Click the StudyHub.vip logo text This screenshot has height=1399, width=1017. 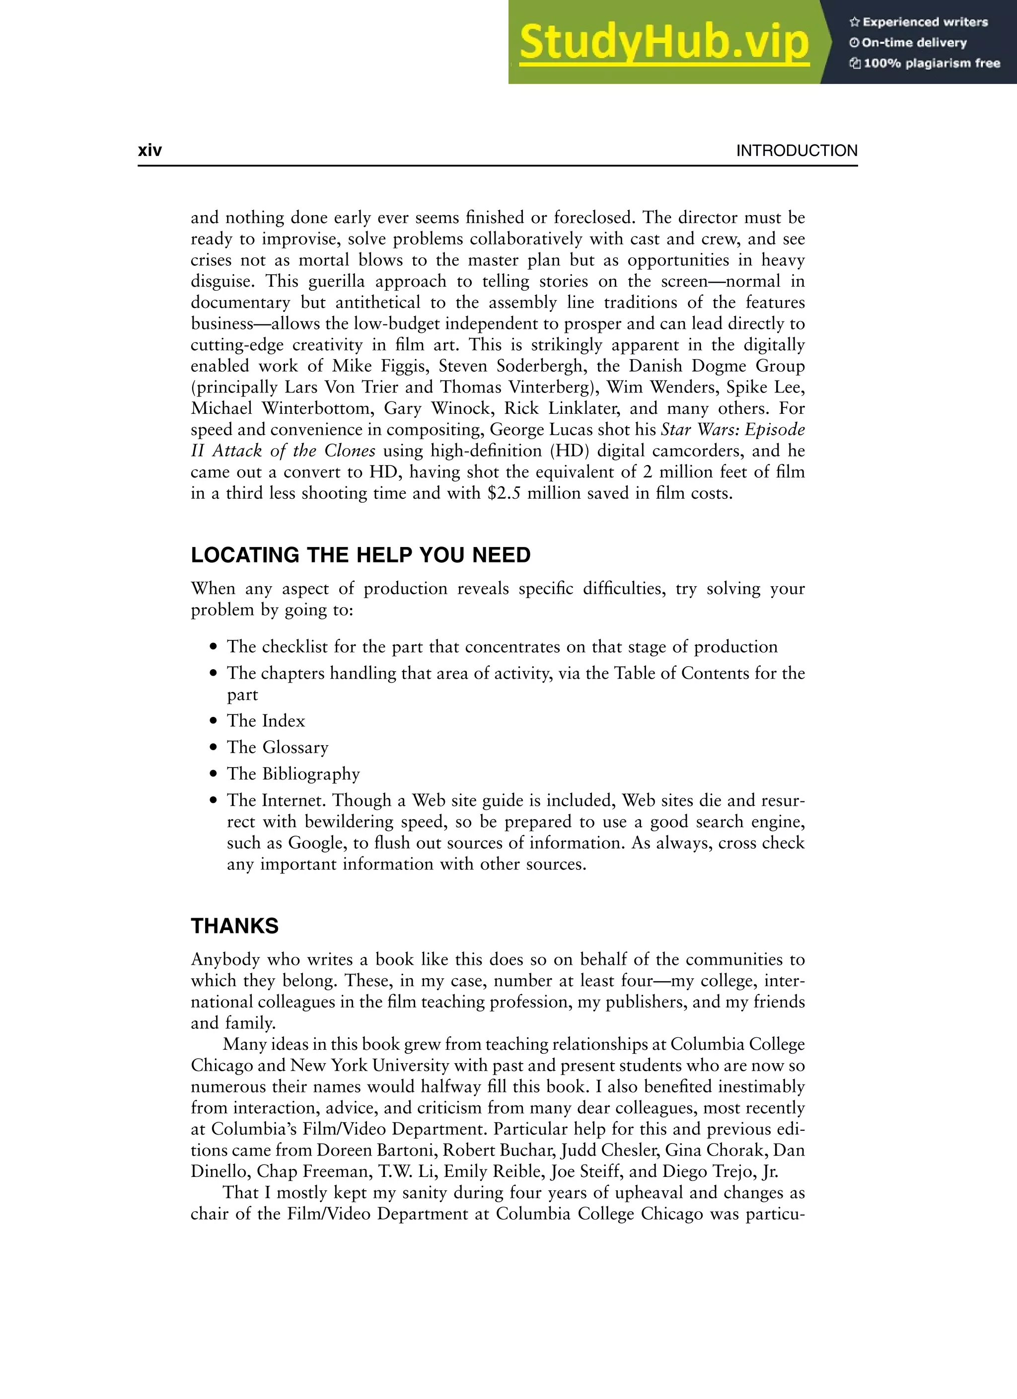click(x=663, y=43)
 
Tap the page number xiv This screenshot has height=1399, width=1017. click(x=150, y=151)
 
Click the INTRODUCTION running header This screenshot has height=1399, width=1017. click(x=796, y=151)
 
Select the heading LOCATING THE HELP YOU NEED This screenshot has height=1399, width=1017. click(x=360, y=555)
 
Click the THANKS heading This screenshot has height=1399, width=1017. click(x=234, y=926)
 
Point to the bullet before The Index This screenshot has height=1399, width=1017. click(x=214, y=720)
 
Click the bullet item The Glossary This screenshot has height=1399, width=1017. click(x=277, y=747)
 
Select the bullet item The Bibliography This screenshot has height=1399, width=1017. click(x=293, y=774)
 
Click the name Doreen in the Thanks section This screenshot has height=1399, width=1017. click(x=345, y=1151)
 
